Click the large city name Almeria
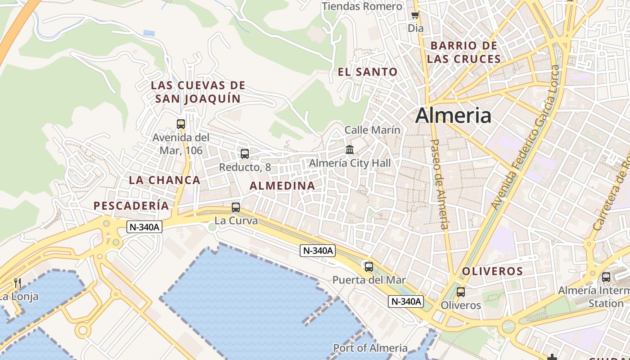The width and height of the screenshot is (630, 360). point(453,116)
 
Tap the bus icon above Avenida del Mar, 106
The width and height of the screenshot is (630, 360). point(181,124)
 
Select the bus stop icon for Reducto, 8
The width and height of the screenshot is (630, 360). point(245,154)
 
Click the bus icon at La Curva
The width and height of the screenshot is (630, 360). point(236,207)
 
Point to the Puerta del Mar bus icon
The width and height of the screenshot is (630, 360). point(369,266)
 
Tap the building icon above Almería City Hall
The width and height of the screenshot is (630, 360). point(350,149)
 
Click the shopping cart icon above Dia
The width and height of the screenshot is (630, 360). point(415,15)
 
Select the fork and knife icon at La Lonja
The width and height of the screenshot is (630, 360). point(18,283)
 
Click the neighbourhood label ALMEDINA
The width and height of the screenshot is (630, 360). point(282,185)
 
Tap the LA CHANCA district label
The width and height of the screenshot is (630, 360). point(165,180)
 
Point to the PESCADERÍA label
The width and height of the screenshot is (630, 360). point(131,206)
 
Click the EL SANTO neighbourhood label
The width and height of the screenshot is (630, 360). point(368,72)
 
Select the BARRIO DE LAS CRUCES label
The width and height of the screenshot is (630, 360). point(464,52)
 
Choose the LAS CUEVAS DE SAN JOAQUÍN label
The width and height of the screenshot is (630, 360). point(198,92)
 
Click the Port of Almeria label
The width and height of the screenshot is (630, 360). point(370,348)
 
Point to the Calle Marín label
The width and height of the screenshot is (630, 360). point(372,130)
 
